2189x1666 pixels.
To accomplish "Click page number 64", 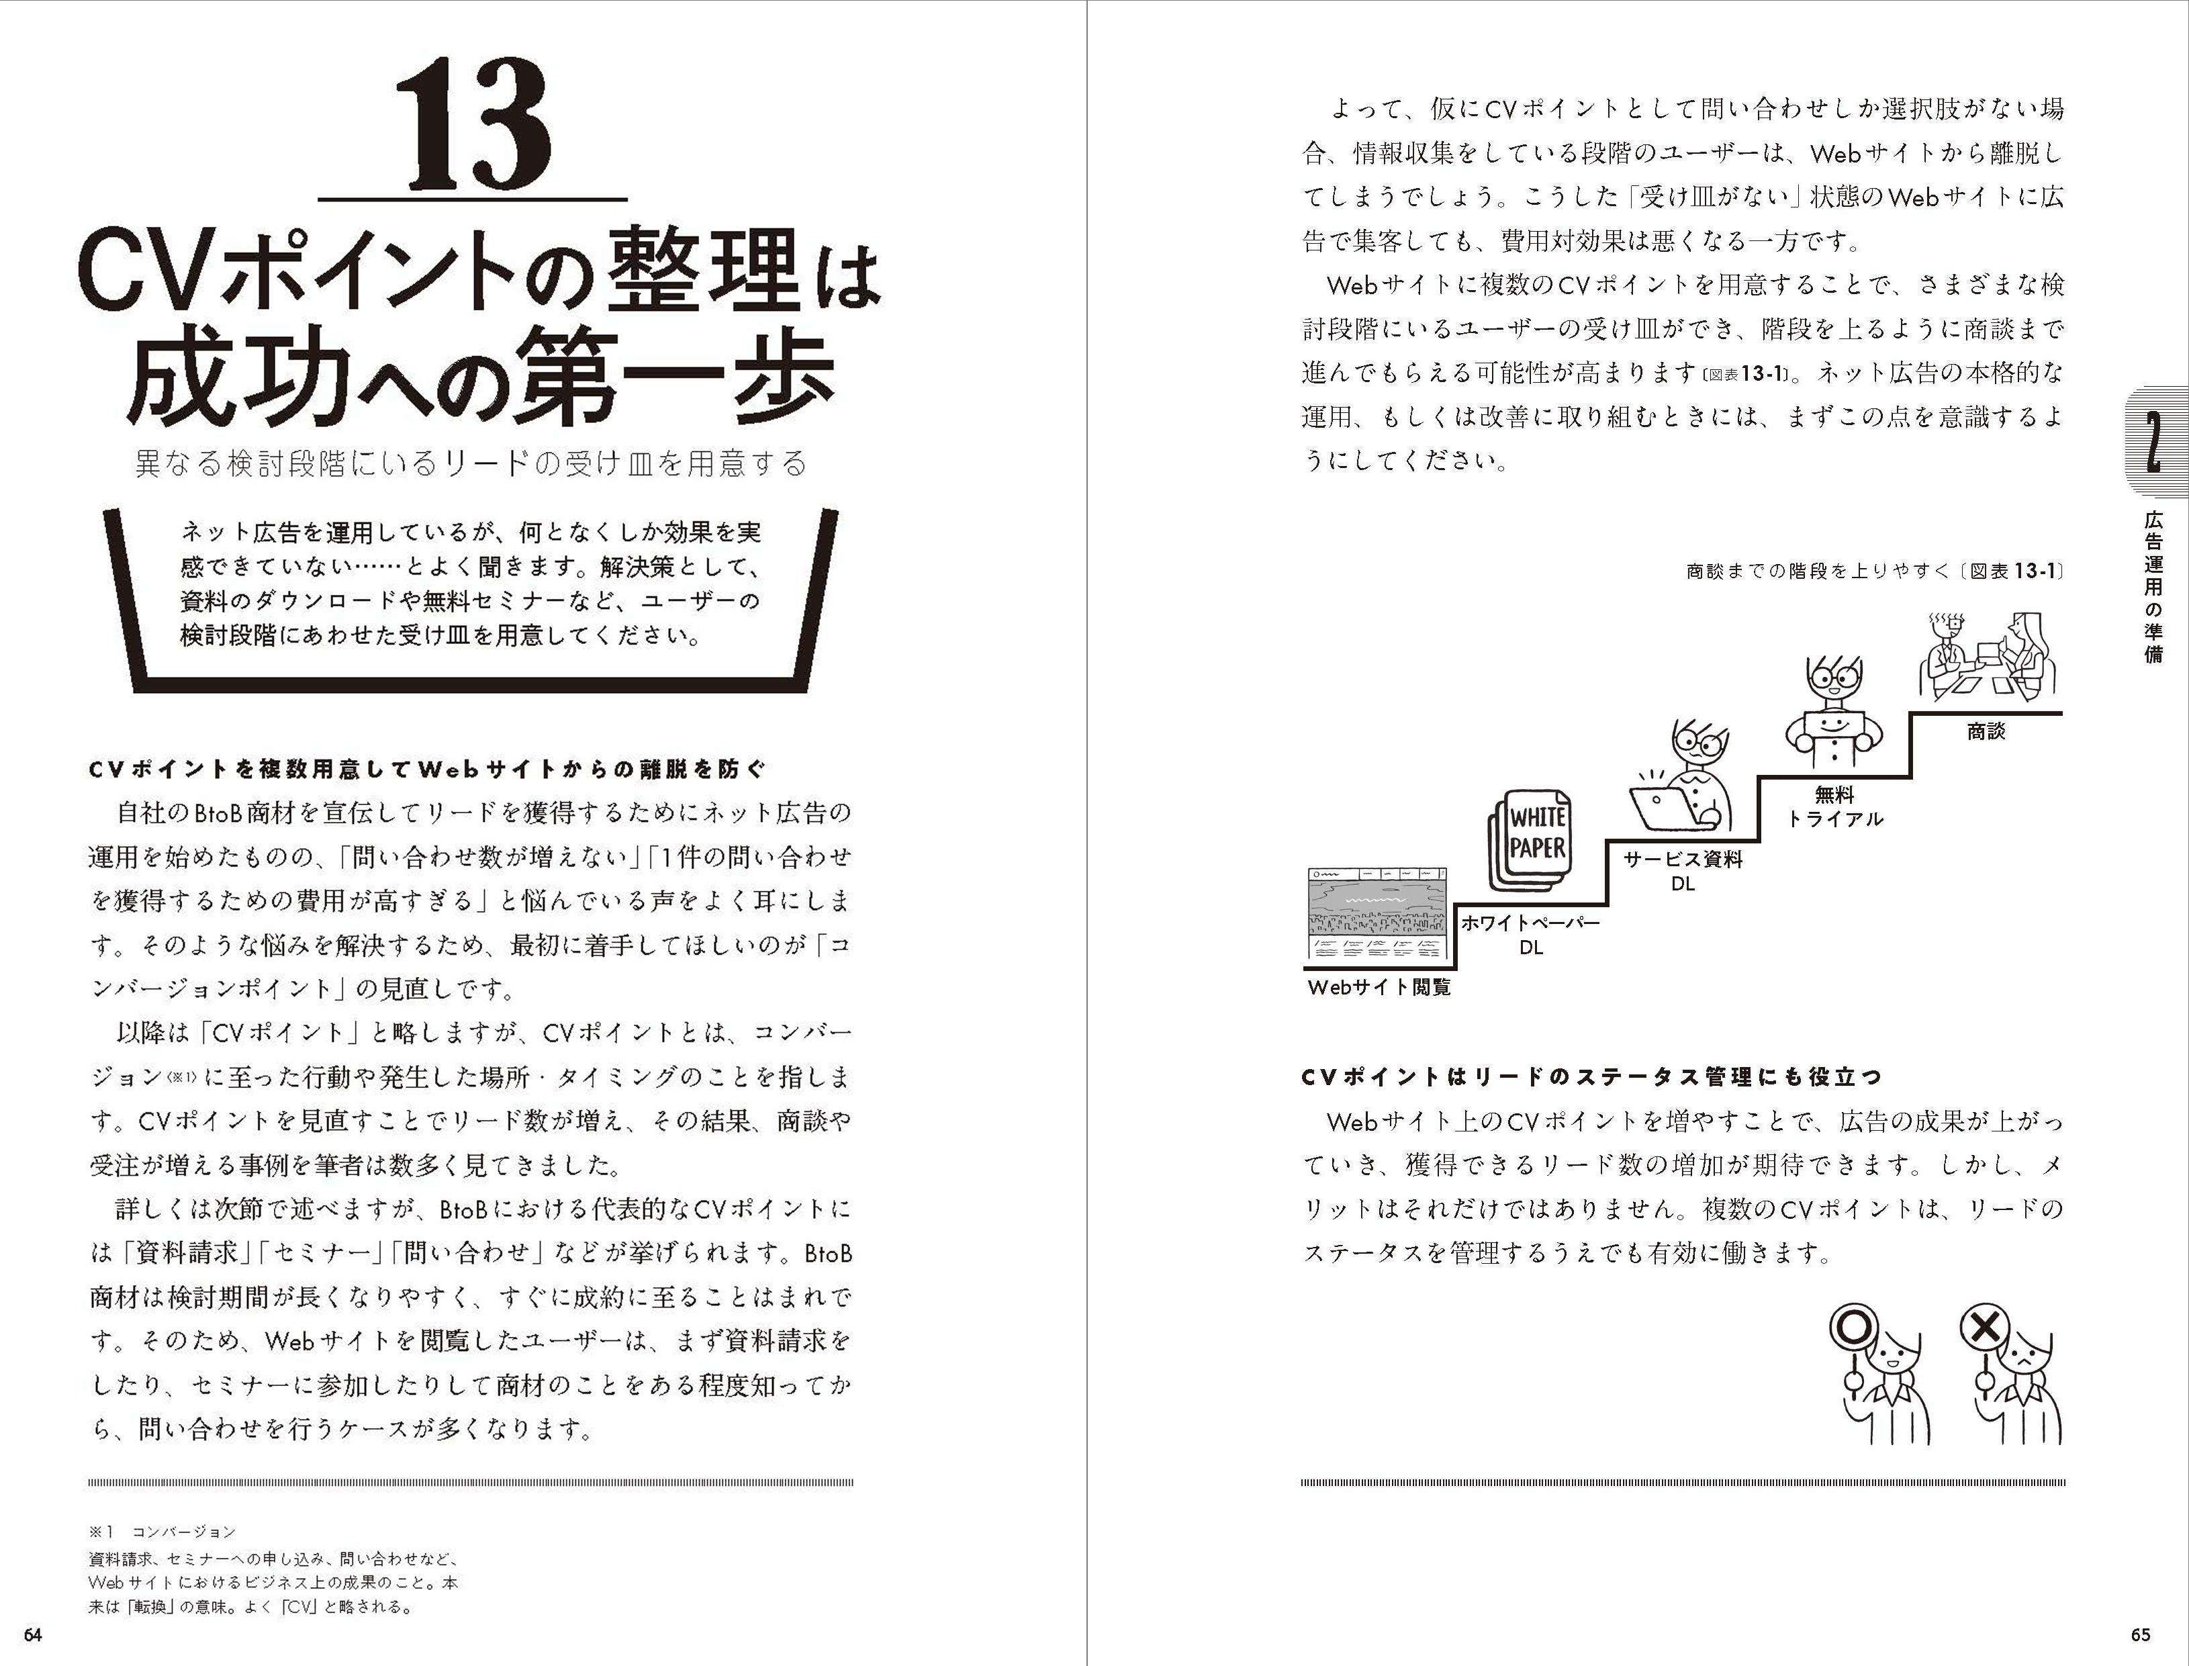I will point(34,1635).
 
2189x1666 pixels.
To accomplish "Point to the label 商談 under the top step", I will point(1986,731).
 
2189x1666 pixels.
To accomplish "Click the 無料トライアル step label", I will point(1834,806).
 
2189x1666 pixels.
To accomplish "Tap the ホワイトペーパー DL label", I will point(1531,934).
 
